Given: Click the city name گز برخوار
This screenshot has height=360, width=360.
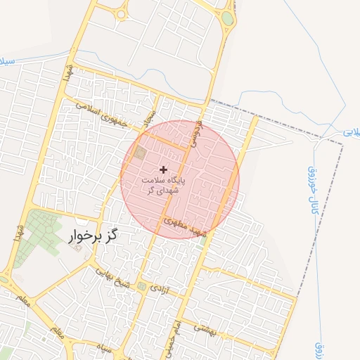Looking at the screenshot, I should pyautogui.click(x=92, y=236).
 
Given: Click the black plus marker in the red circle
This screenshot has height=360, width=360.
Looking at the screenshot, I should pyautogui.click(x=164, y=169).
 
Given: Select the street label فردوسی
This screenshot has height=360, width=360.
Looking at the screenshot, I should pyautogui.click(x=197, y=131).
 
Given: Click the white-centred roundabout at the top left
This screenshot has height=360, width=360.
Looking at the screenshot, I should pyautogui.click(x=121, y=13).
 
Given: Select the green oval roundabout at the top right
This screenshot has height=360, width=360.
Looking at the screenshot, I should pyautogui.click(x=228, y=18).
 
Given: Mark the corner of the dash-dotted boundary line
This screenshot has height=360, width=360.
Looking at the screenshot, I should pyautogui.click(x=343, y=145).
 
